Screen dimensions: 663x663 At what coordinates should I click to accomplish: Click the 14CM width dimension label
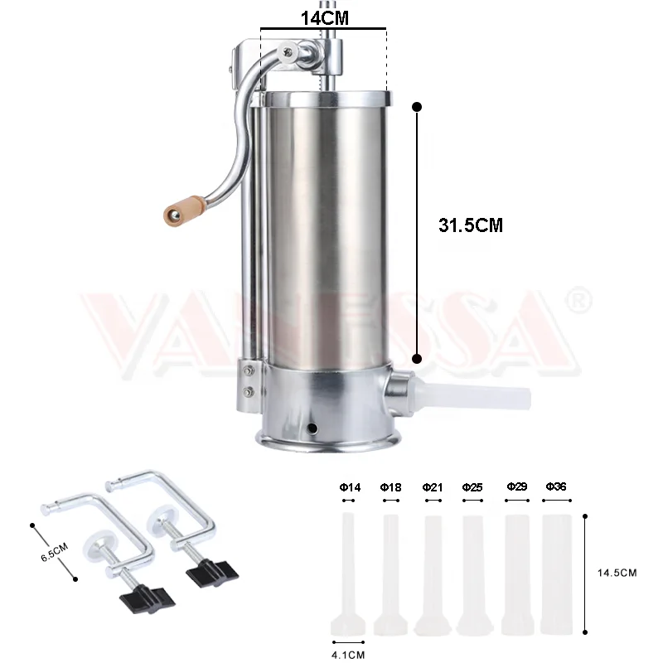323,15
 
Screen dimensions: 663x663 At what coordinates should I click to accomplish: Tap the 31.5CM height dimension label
470,225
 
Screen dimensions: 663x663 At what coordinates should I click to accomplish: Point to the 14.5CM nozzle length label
617,573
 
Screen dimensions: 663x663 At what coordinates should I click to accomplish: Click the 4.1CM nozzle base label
348,655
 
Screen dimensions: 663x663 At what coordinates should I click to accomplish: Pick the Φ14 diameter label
350,487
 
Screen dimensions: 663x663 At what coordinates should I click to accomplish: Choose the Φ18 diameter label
390,487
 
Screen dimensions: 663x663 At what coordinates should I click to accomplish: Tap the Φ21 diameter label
432,487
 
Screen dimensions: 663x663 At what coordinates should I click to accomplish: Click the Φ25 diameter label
472,487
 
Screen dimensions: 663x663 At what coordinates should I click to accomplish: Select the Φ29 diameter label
516,486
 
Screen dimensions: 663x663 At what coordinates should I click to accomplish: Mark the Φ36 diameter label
555,486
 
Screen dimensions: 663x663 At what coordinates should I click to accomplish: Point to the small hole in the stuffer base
312,428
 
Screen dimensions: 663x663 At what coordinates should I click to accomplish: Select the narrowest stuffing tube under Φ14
348,572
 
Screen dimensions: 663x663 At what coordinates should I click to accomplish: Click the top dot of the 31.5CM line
417,106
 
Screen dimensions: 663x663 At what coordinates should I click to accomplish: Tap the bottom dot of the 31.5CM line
417,359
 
